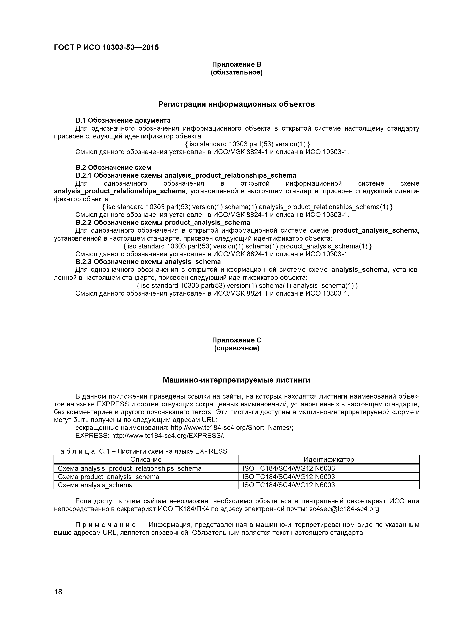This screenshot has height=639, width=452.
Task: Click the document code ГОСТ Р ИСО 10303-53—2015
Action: (106, 48)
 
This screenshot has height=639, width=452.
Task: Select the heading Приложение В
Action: (237, 64)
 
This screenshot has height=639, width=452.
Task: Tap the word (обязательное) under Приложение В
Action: (237, 73)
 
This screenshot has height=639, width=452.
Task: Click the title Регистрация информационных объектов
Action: (237, 104)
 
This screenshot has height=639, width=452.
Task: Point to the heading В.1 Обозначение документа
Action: (123, 120)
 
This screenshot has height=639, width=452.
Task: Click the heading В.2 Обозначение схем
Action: (113, 168)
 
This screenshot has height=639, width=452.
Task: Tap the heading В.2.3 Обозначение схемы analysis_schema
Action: (148, 262)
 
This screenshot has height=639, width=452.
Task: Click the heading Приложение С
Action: (237, 340)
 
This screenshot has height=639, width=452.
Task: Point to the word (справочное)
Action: (237, 348)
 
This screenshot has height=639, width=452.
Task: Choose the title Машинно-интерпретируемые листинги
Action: (237, 380)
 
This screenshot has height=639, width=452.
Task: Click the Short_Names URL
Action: (232, 428)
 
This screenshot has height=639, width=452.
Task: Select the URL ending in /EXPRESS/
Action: (168, 436)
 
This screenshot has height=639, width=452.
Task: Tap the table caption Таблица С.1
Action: (140, 451)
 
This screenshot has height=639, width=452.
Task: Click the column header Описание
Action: (146, 460)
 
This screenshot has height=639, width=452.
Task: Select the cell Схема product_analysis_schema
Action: (109, 477)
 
